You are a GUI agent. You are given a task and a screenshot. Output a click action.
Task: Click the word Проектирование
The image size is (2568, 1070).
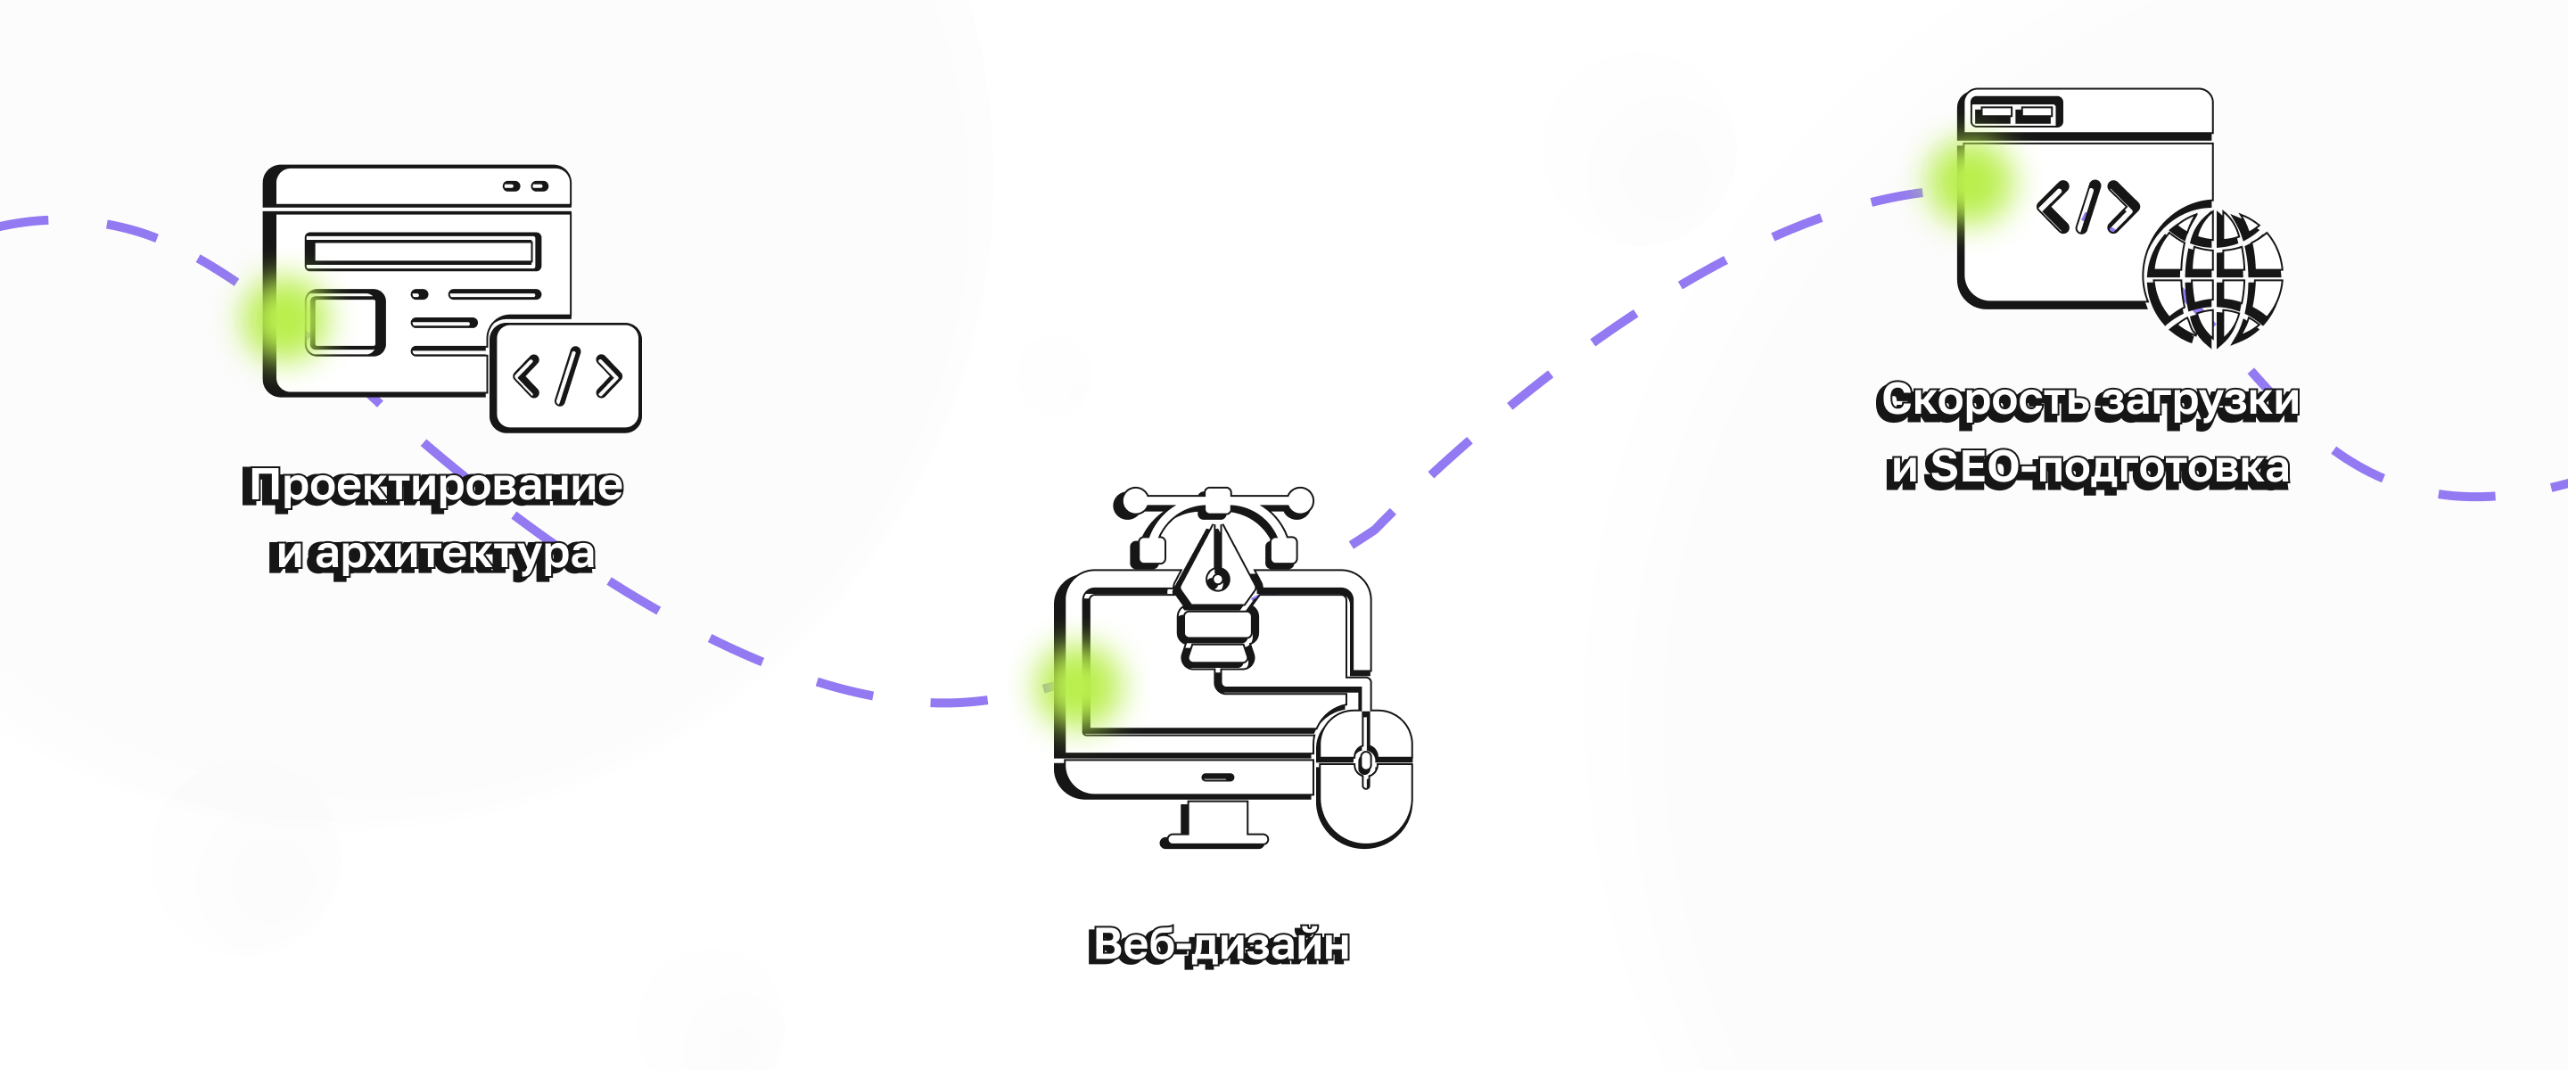pyautogui.click(x=432, y=487)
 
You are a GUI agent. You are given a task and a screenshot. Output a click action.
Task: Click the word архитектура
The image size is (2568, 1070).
pyautogui.click(x=455, y=556)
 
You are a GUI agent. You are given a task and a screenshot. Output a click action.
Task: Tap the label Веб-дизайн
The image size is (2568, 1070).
pyautogui.click(x=1218, y=945)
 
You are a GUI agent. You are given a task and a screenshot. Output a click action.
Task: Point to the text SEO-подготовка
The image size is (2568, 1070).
pyautogui.click(x=2106, y=469)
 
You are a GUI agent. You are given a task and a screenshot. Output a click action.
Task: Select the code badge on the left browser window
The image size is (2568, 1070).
pyautogui.click(x=565, y=377)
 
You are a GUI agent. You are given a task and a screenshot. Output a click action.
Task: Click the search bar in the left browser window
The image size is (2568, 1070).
pyautogui.click(x=423, y=251)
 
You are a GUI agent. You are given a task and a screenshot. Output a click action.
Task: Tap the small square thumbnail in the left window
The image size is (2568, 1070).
pyautogui.click(x=345, y=322)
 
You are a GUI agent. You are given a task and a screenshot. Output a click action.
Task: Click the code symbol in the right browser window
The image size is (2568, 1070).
pyautogui.click(x=2087, y=208)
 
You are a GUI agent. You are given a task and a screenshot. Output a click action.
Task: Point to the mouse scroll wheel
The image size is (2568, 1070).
pyautogui.click(x=1366, y=763)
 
